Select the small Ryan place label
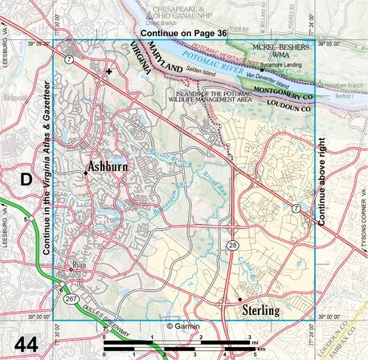point(79,264)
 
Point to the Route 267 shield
point(71,298)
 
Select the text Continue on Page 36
point(184,33)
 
